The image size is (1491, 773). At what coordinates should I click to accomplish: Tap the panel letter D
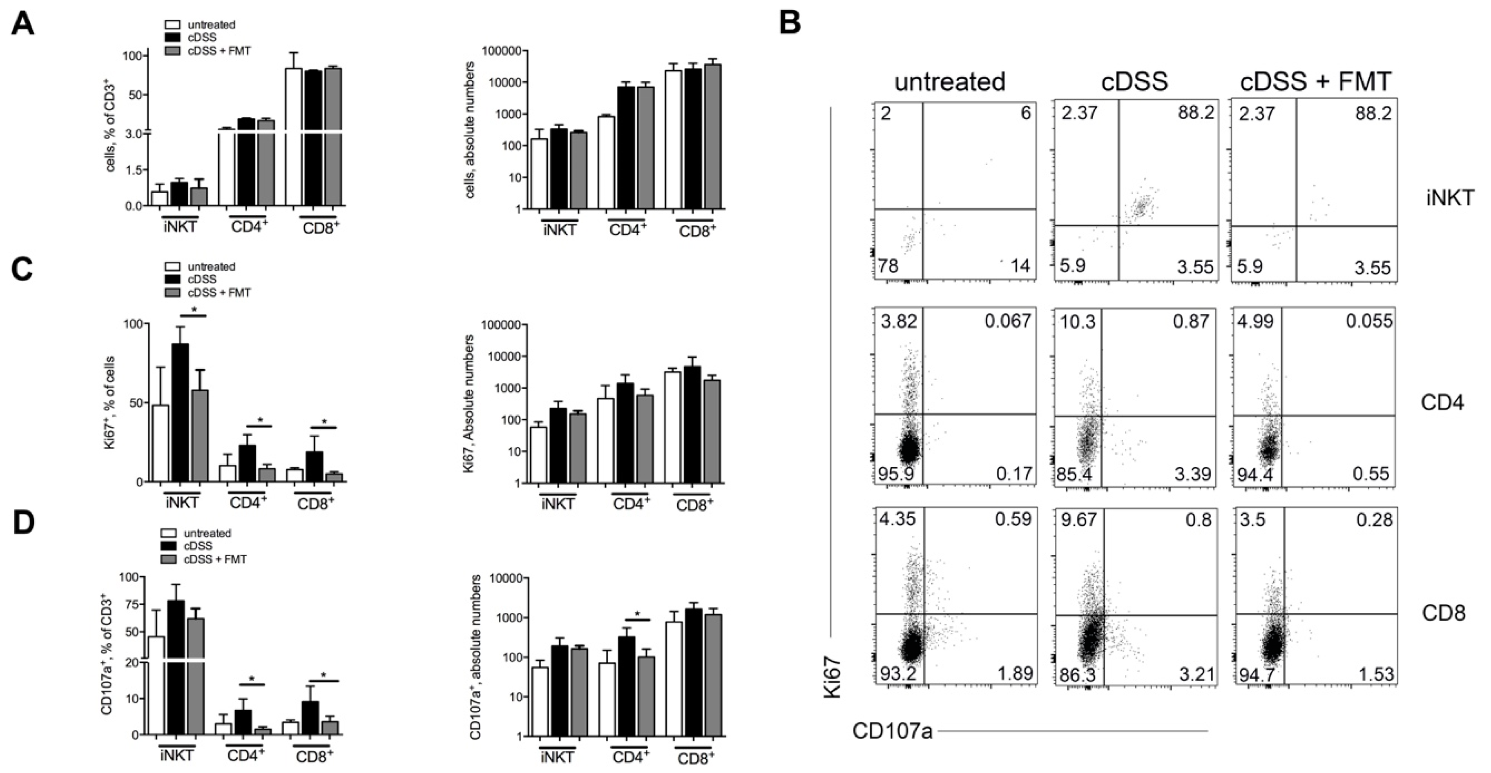click(x=23, y=522)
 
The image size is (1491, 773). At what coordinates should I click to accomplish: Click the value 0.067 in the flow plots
click(x=1008, y=321)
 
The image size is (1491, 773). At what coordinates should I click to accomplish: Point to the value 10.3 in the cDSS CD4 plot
click(x=1078, y=321)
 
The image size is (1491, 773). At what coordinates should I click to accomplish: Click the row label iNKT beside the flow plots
click(x=1450, y=198)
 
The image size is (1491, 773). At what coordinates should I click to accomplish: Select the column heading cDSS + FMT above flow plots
click(x=1315, y=82)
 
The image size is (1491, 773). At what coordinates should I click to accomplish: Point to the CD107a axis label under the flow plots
click(x=892, y=731)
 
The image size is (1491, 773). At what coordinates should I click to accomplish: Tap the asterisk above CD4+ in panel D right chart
click(x=638, y=614)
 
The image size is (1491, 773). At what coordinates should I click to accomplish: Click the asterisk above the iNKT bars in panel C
click(x=194, y=310)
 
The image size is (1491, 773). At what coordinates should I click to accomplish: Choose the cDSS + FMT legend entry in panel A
click(x=219, y=51)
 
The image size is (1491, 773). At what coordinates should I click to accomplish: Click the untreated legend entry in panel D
click(x=207, y=533)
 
